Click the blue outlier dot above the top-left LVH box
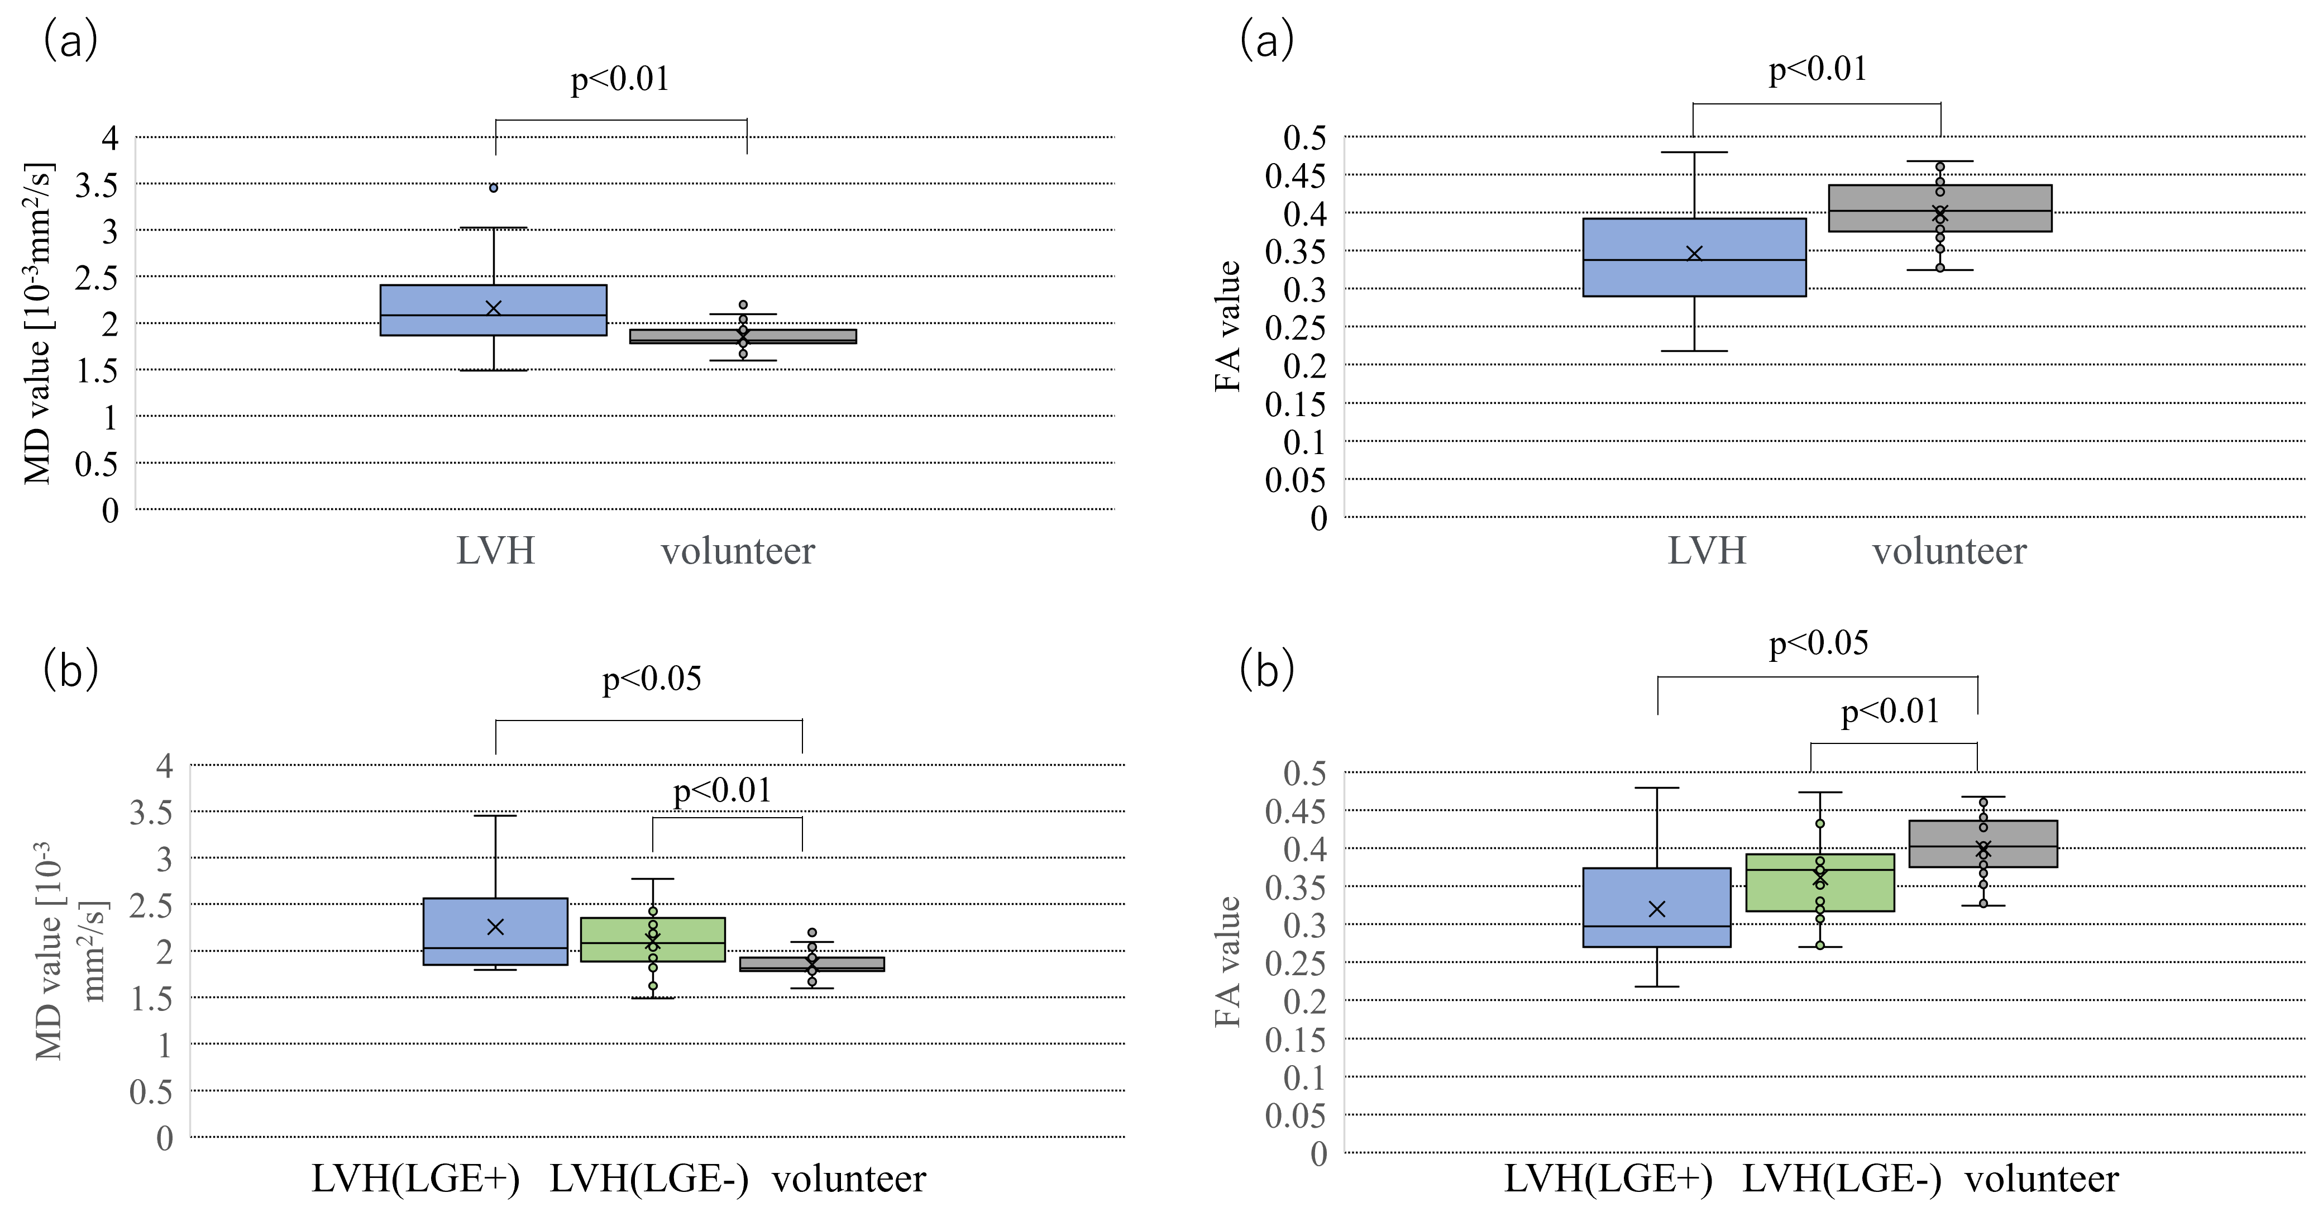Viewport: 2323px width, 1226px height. [493, 188]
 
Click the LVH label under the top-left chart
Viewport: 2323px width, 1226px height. [495, 550]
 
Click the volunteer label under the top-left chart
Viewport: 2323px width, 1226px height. [738, 550]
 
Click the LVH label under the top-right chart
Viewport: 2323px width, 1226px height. [1706, 550]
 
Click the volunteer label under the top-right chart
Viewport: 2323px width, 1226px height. [1949, 550]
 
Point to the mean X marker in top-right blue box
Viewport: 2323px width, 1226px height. [1694, 254]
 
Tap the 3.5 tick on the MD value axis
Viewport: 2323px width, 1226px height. [151, 813]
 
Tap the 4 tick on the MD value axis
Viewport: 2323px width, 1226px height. [164, 766]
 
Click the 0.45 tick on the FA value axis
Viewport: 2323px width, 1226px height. [1295, 811]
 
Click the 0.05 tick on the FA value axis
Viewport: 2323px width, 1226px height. [1295, 1116]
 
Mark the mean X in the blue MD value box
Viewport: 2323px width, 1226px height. [495, 927]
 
